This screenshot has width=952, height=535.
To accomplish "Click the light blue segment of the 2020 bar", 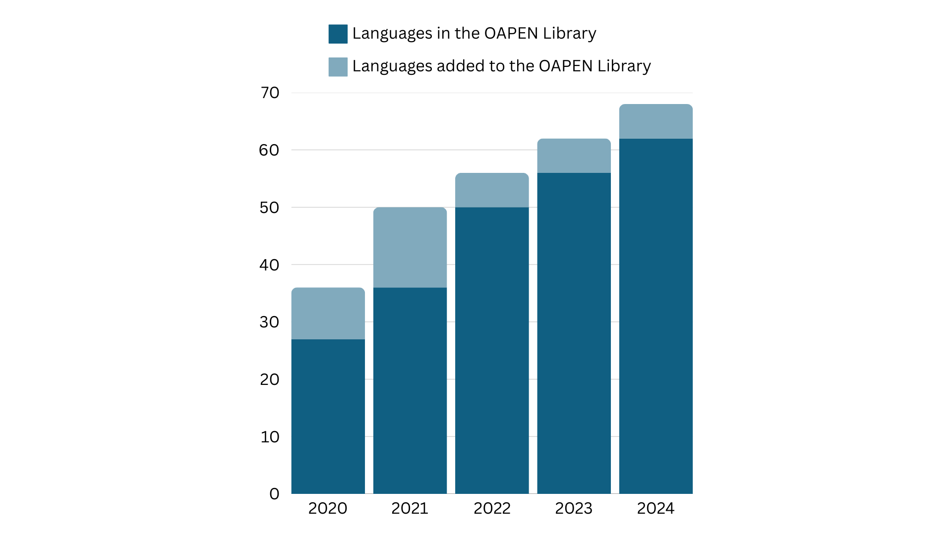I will [328, 313].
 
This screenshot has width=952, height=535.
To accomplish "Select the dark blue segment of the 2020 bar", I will [328, 416].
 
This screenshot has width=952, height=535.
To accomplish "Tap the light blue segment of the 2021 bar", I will [410, 247].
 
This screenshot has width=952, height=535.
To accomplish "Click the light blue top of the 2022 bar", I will [491, 190].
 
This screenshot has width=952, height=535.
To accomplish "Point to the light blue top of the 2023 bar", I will [574, 156].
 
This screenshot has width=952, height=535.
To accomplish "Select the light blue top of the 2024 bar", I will [655, 121].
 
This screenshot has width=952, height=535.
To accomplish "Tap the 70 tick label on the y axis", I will [270, 93].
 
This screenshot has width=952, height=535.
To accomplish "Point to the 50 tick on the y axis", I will [269, 208].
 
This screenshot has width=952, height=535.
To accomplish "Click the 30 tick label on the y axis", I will [269, 322].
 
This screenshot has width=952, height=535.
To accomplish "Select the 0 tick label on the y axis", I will [274, 494].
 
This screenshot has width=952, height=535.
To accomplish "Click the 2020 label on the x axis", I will [327, 508].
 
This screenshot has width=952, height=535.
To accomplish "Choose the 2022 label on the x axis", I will [491, 508].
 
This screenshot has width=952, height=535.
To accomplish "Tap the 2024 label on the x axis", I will [655, 508].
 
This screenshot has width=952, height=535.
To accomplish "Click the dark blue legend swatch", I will [338, 34].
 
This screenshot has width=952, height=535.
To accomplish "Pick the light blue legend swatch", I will [338, 67].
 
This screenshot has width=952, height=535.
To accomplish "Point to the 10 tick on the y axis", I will [270, 437].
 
